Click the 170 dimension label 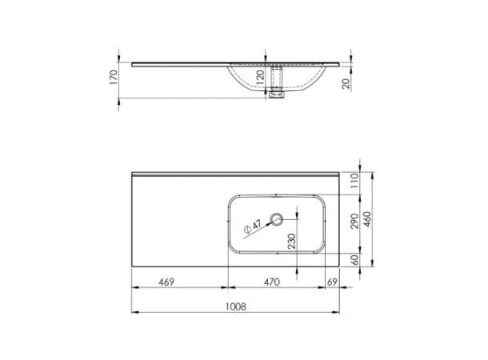tap(114, 78)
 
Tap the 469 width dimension tap(166, 282)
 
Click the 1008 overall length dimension tap(234, 306)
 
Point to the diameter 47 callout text tap(253, 228)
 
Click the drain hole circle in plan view tap(278, 218)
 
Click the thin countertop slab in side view tap(176, 62)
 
